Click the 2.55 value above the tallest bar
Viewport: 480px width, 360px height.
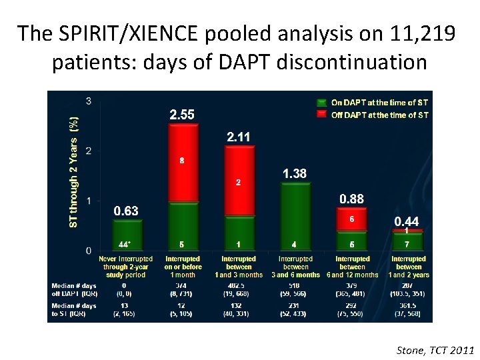[x=182, y=115]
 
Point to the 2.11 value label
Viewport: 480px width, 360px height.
[x=239, y=137]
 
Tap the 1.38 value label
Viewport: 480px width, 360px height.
[x=295, y=173]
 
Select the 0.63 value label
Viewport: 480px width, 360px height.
[x=125, y=211]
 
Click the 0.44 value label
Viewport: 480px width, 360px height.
[x=407, y=221]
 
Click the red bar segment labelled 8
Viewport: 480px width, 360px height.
[x=182, y=162]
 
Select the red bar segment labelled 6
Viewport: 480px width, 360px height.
[x=351, y=219]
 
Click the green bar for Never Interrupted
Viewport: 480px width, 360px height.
[x=125, y=236]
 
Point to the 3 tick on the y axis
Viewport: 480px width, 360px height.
[x=89, y=101]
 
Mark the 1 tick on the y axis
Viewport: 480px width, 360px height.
[x=89, y=201]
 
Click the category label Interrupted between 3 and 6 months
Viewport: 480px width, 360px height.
[x=295, y=267]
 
